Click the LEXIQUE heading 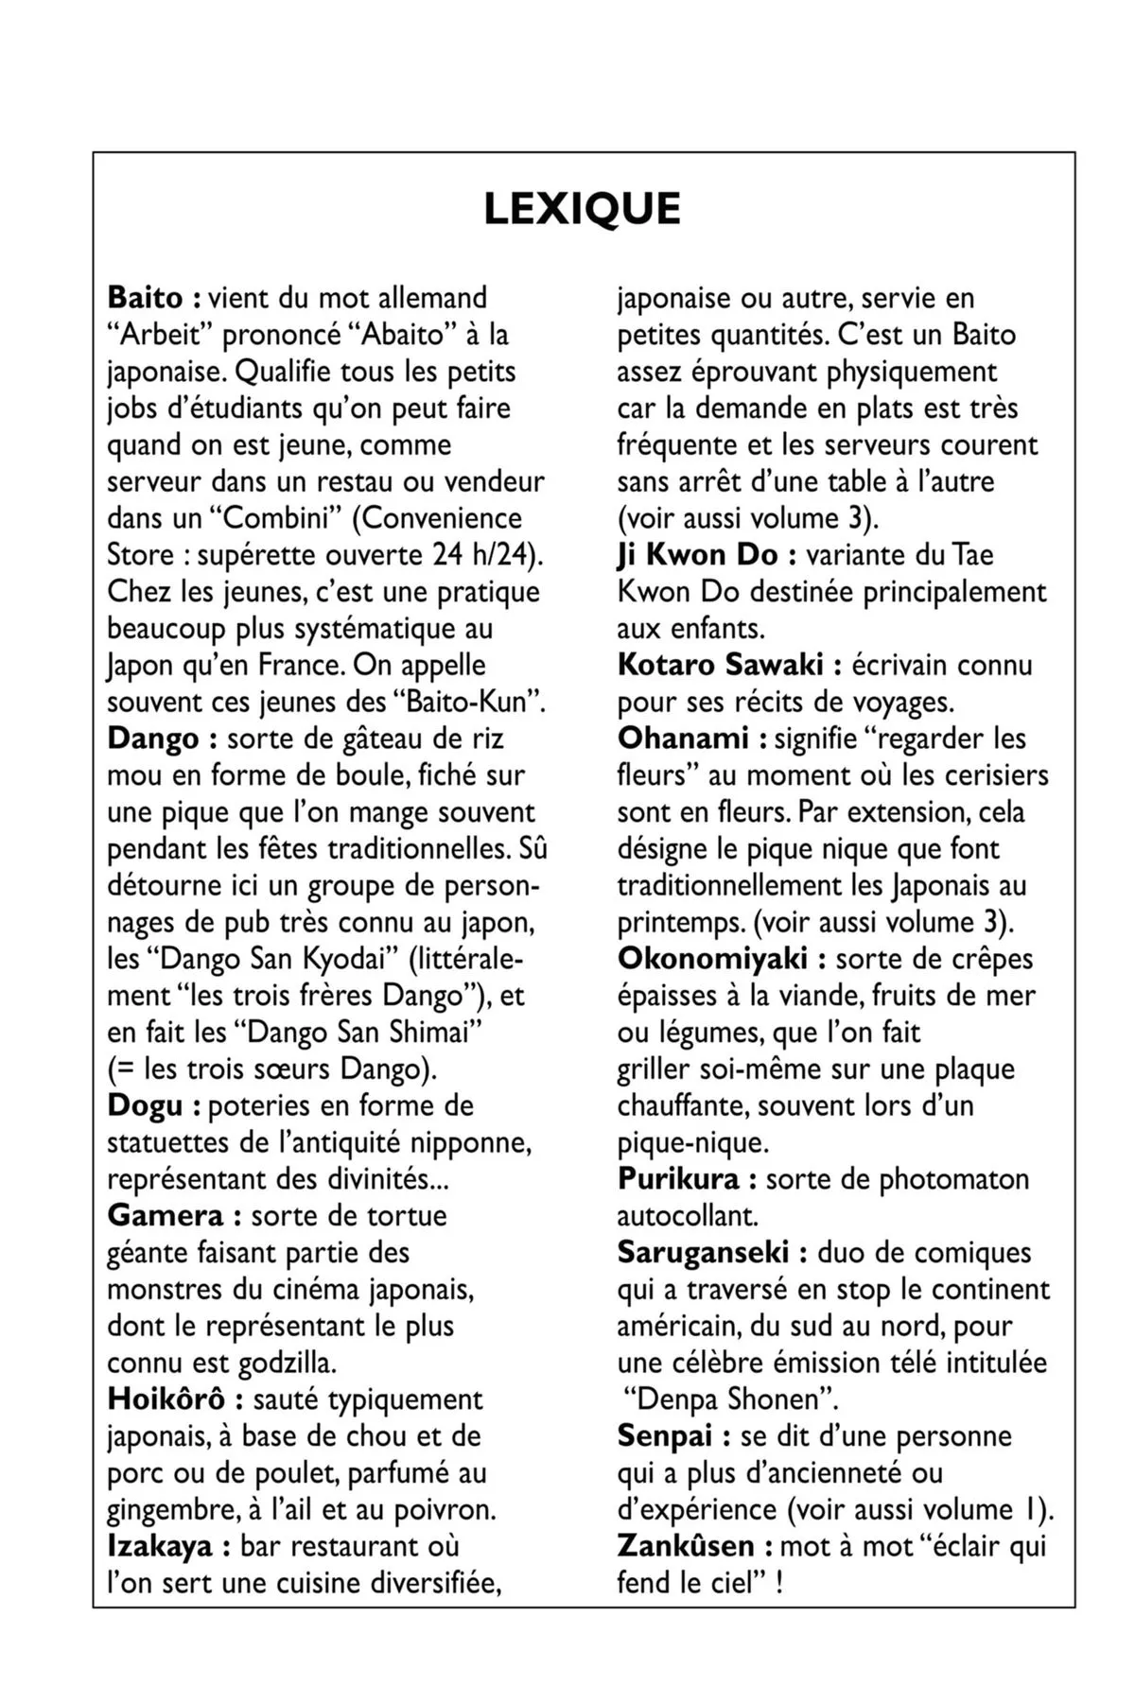coord(582,209)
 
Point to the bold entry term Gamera coord(166,1215)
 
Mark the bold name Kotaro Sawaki coord(720,665)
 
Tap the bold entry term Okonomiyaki coord(712,959)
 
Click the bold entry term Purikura coord(678,1179)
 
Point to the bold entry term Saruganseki coord(703,1253)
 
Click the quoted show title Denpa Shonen coord(732,1399)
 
